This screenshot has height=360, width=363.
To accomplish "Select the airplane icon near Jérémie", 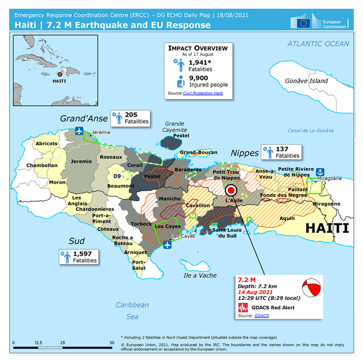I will (79, 131).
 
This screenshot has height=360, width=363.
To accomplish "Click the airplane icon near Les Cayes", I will (167, 244).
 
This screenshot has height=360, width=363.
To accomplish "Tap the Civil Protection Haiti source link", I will (203, 93).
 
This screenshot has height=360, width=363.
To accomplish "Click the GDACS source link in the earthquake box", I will (262, 315).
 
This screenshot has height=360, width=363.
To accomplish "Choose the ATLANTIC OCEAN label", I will (318, 44).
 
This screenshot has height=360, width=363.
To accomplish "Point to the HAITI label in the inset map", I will (60, 81).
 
